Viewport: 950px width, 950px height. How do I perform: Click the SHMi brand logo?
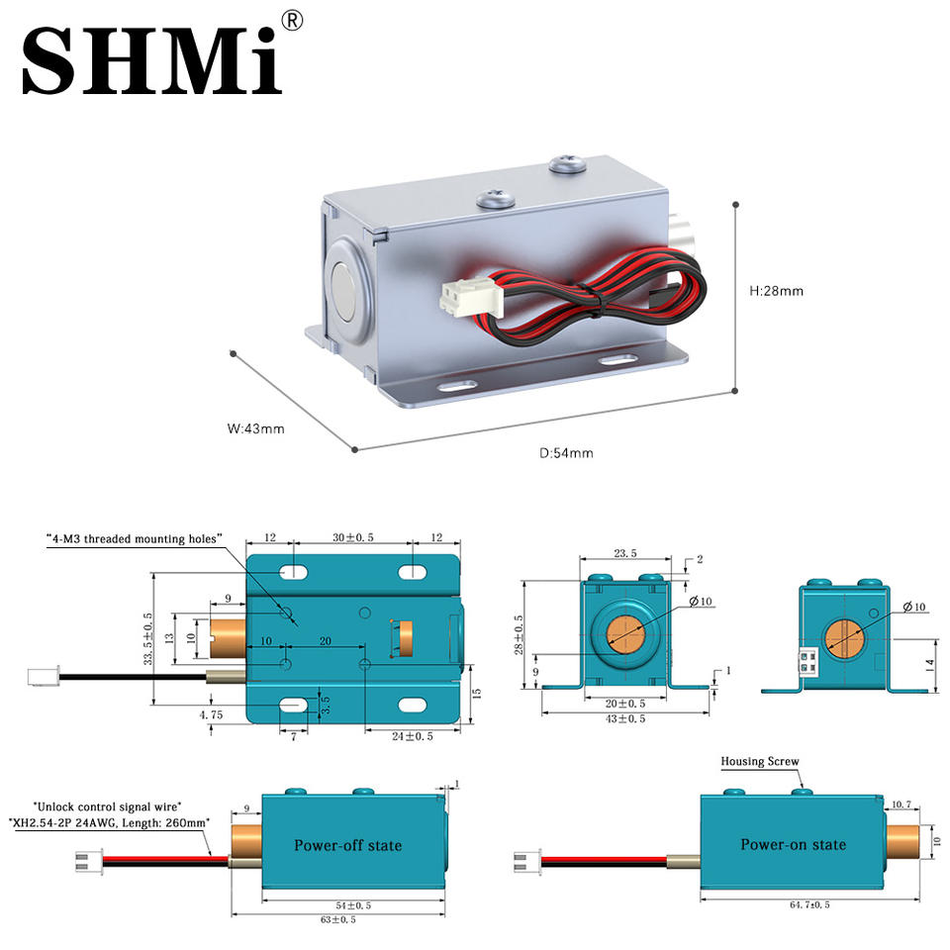pos(152,59)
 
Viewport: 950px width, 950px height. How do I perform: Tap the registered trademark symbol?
pos(292,21)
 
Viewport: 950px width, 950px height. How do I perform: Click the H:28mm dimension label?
pos(776,291)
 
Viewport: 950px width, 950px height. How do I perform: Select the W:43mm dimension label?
pos(255,428)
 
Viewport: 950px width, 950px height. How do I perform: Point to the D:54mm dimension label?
pos(566,453)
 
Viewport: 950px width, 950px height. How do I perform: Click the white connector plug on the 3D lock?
pos(471,298)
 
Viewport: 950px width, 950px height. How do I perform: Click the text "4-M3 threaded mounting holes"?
pos(135,538)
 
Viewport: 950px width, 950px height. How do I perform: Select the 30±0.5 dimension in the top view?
pos(353,537)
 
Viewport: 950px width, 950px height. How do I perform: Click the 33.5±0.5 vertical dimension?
pos(148,638)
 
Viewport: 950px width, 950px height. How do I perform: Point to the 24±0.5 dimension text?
pos(412,736)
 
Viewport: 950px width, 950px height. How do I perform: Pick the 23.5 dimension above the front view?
pos(625,553)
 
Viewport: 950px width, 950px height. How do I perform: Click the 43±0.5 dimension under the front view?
pos(625,718)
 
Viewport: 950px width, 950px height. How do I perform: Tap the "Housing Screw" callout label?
pos(760,761)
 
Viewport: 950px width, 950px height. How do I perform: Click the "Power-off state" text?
pos(347,845)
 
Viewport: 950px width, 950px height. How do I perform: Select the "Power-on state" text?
pos(793,844)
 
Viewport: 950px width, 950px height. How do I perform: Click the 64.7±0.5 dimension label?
pos(809,904)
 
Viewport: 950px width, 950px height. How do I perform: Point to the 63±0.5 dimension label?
pos(337,919)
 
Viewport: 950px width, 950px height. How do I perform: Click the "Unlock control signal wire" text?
pos(107,807)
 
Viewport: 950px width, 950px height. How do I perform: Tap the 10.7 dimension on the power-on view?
pos(901,805)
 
